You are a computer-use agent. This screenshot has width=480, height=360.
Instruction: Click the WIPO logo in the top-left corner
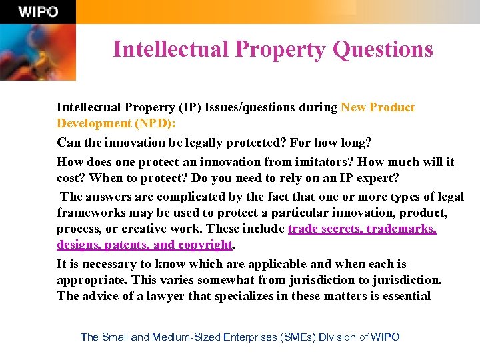coord(38,11)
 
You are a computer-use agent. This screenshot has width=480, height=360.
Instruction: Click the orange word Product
coord(391,107)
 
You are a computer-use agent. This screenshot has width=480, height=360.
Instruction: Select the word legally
coord(213,142)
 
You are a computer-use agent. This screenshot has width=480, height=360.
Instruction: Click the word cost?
coord(71,177)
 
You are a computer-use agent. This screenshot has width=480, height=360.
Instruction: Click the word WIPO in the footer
coord(385,337)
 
